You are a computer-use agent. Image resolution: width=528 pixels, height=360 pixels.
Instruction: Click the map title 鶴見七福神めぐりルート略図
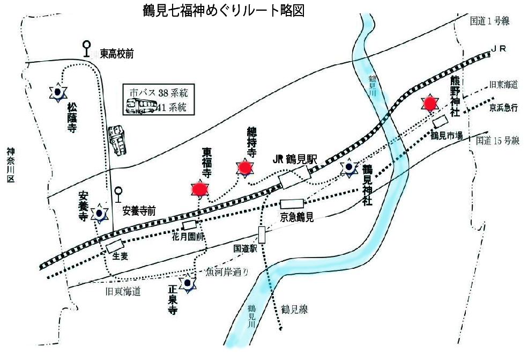pos(224,11)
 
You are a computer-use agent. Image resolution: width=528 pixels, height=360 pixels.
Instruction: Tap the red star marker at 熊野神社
pos(429,102)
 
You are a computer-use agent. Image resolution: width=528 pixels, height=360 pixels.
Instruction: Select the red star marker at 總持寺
pos(245,168)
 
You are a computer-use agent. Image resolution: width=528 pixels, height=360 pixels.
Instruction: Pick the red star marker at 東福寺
pos(200,188)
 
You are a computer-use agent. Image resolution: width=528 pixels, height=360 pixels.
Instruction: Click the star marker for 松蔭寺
pos(57,93)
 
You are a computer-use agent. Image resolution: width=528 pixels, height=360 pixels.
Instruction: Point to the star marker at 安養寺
pos(100,213)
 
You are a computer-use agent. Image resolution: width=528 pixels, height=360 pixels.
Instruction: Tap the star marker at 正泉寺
pos(187,283)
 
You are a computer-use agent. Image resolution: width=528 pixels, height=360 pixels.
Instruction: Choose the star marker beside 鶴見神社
pos(349,168)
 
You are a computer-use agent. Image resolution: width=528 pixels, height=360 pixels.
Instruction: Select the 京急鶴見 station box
pos(292,204)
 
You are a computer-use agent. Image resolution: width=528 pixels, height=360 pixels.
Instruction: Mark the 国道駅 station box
pos(262,234)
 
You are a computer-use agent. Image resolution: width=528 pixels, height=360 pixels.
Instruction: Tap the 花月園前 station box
pos(190,225)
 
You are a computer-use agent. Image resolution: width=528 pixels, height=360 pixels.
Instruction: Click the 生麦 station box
pos(114,246)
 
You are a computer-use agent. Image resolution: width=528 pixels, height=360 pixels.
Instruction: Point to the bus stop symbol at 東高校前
pos(87,49)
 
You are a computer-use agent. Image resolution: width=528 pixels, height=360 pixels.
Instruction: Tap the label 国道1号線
pos(489,21)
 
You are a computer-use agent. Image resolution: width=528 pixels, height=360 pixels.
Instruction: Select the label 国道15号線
pos(498,141)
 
